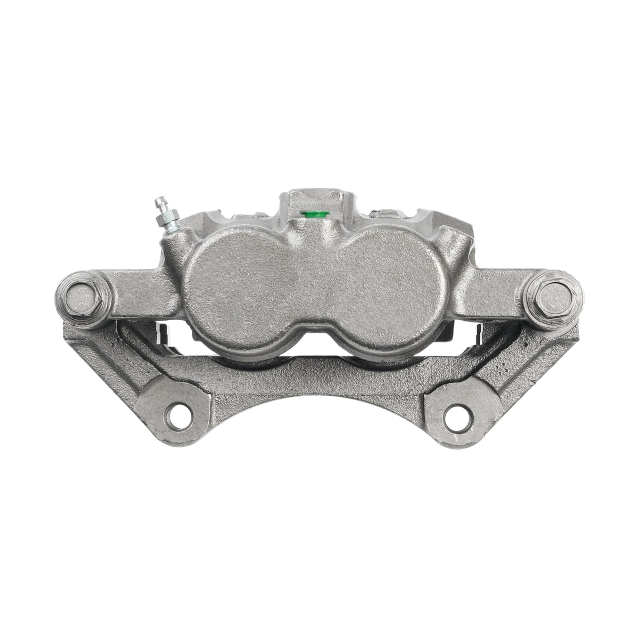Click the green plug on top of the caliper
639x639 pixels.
[x=307, y=215]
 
